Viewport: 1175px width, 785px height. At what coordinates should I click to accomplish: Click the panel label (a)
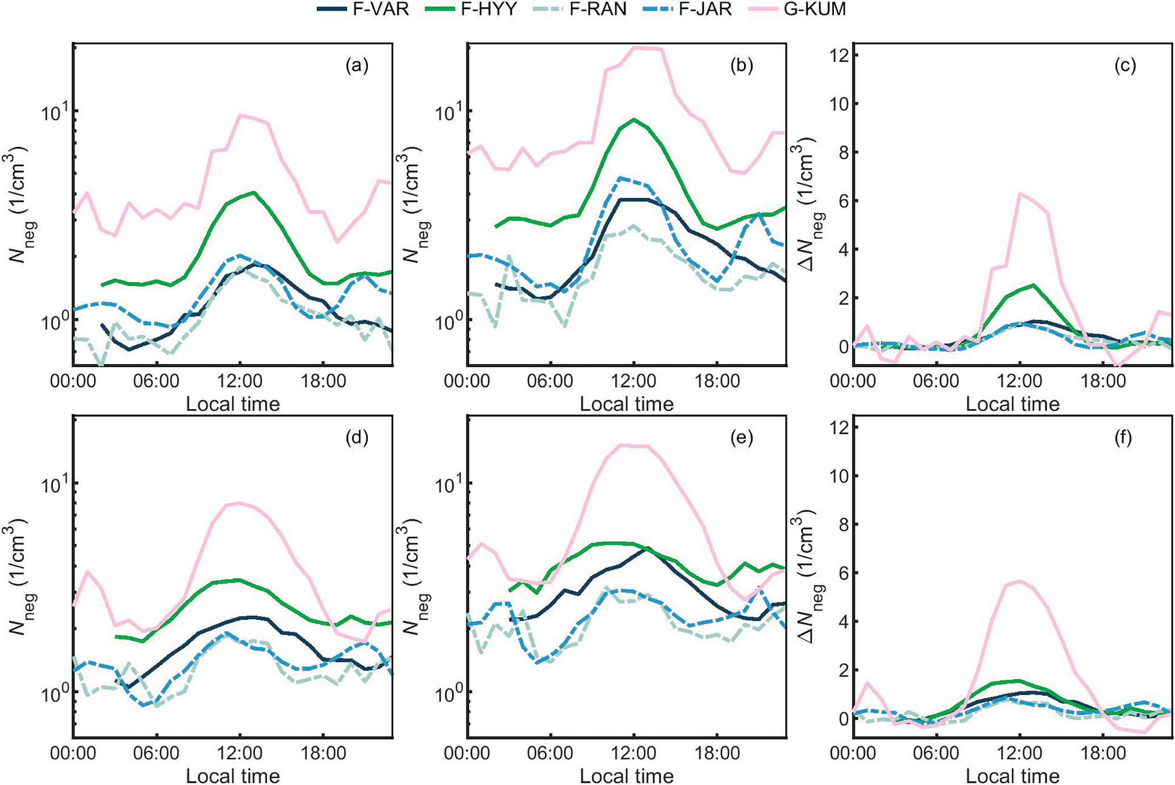(357, 66)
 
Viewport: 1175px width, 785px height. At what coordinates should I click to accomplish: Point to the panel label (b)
(741, 66)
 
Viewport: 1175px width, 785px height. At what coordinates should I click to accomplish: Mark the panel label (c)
(1124, 66)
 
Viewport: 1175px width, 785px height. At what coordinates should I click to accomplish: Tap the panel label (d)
(357, 438)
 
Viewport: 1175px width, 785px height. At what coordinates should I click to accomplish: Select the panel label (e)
(741, 438)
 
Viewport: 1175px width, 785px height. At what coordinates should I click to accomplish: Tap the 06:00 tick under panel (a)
(156, 381)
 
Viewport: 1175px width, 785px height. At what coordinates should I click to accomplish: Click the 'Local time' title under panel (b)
(626, 404)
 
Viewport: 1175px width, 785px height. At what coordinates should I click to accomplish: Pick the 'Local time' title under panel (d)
(232, 776)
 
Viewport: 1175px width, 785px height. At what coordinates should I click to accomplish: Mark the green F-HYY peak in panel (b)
(633, 119)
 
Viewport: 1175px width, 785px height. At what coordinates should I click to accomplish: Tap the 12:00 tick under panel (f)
(1020, 753)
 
